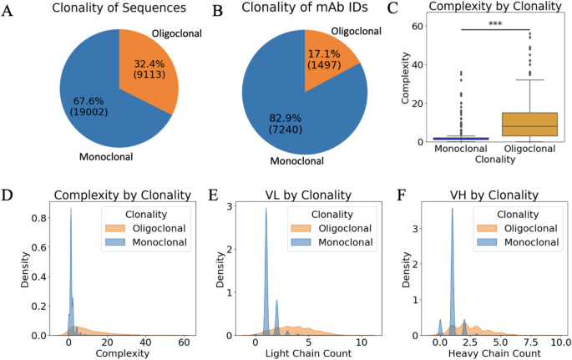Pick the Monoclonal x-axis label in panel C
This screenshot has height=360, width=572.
[460, 149]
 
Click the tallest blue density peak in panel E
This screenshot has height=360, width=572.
[266, 210]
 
